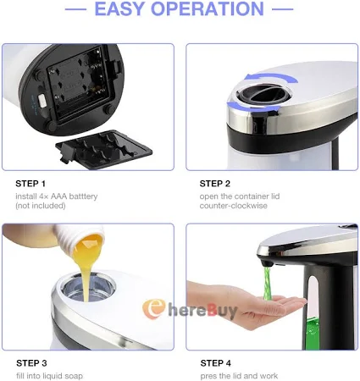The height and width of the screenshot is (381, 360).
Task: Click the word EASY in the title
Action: [120, 8]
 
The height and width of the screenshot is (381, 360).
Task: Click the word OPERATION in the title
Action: [208, 8]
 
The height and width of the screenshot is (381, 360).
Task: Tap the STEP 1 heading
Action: [30, 184]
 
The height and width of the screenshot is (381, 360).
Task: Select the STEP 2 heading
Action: [215, 184]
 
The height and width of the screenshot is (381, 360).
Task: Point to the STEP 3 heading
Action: [31, 363]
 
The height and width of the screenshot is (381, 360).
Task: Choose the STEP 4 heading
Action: [216, 363]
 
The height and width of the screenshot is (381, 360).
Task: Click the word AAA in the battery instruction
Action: [58, 196]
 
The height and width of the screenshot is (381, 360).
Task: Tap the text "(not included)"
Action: [41, 206]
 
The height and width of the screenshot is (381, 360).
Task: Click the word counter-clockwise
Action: [234, 206]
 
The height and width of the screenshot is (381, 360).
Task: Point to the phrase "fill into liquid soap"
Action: [49, 376]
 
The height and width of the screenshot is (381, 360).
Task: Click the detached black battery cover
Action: [104, 150]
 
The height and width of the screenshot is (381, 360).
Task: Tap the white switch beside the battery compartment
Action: [42, 101]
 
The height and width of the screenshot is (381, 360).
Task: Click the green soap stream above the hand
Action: [267, 284]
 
